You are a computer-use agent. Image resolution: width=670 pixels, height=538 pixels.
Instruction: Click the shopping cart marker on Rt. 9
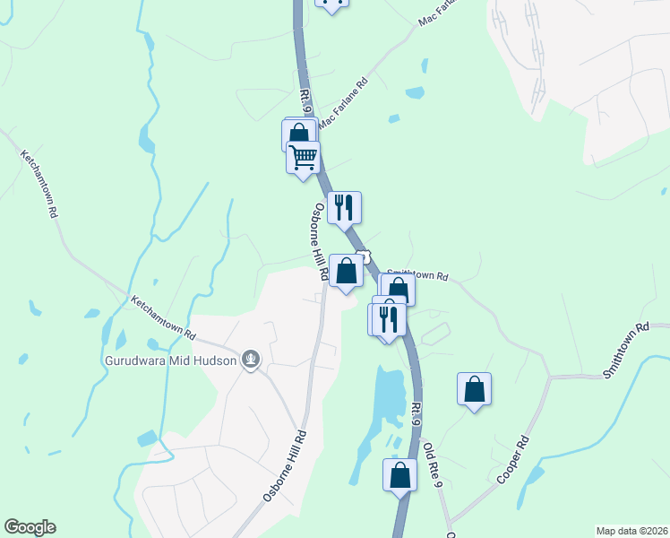(304, 157)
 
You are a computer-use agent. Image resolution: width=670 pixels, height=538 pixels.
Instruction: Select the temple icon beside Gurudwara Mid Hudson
(252, 360)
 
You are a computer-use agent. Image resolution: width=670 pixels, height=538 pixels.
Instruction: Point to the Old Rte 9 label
(433, 465)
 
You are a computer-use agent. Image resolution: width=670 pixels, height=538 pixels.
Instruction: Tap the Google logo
(30, 527)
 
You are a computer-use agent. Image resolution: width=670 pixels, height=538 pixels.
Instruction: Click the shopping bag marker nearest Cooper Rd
(474, 389)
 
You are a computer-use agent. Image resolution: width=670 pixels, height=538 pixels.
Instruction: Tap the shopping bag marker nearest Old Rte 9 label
(399, 475)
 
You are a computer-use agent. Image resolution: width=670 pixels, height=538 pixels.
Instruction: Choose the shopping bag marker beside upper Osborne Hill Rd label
(347, 270)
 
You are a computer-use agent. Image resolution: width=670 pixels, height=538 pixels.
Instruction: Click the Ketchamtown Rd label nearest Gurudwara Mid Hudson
(163, 317)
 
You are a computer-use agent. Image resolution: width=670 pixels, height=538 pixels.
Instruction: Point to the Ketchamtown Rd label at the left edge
(40, 185)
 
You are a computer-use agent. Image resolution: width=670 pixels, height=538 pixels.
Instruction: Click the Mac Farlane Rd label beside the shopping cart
(344, 106)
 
